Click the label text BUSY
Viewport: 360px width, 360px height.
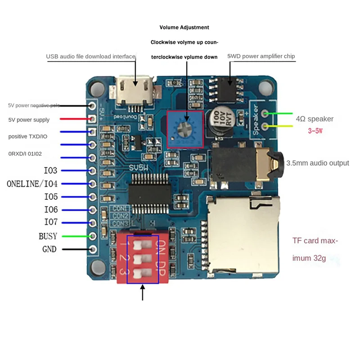pos(48,236)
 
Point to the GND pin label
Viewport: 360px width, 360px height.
pos(49,249)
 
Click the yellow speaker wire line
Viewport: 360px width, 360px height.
pos(279,127)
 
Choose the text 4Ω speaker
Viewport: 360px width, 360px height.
pos(315,119)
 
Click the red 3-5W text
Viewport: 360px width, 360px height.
pos(315,131)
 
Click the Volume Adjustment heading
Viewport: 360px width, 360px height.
pos(184,27)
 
